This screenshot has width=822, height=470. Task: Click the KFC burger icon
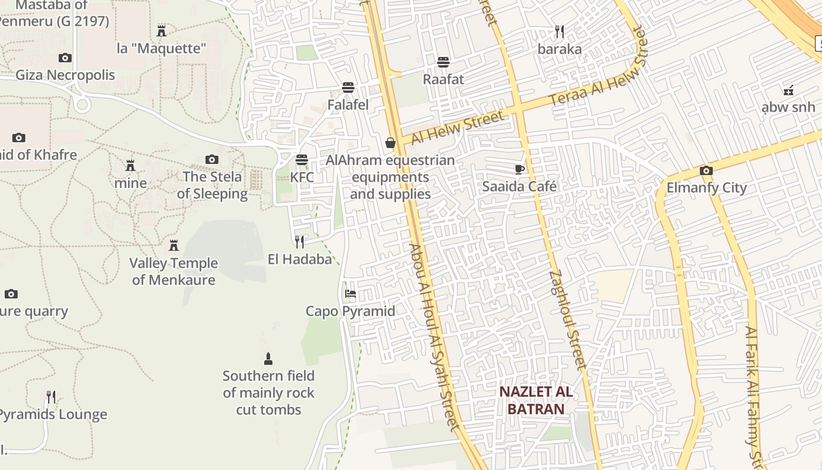point(302,160)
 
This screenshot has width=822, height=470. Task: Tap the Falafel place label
point(348,105)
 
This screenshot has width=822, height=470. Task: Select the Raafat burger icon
point(443,62)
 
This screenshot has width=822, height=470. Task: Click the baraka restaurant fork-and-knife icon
point(560,32)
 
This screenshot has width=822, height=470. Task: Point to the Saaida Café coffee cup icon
point(519,170)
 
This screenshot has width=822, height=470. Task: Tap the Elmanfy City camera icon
point(706,171)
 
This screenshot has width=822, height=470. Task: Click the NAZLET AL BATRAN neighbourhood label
point(536,400)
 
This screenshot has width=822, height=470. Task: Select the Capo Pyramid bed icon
point(351,294)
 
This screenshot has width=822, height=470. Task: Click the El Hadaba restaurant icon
point(299,241)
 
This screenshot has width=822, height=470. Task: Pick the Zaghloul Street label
point(568,320)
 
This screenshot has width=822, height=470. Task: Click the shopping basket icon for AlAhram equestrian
point(390,143)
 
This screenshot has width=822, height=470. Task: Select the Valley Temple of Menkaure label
point(174,271)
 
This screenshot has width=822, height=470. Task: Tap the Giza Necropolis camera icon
point(65,58)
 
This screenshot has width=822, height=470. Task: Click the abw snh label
point(788,107)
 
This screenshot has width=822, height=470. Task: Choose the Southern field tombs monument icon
point(268,359)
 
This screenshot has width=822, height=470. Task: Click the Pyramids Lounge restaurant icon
point(51,398)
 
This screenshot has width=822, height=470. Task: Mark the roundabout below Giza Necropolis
point(82,105)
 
